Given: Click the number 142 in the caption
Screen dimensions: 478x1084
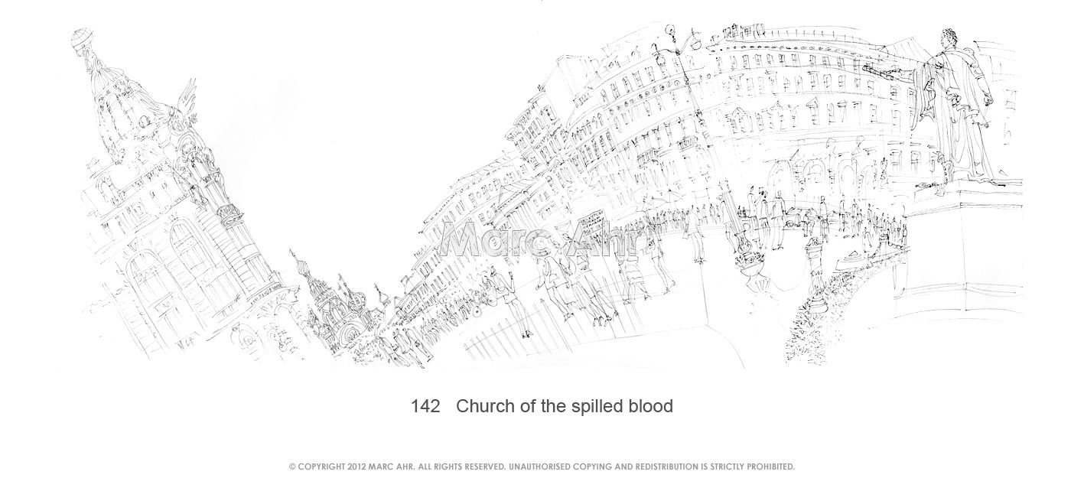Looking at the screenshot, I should coord(425,406).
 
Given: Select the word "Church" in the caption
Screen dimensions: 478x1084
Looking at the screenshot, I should coord(485,406).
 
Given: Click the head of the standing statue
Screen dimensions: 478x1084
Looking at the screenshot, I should coord(951,40).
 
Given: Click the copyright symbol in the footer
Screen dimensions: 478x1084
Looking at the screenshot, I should coord(292,467).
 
